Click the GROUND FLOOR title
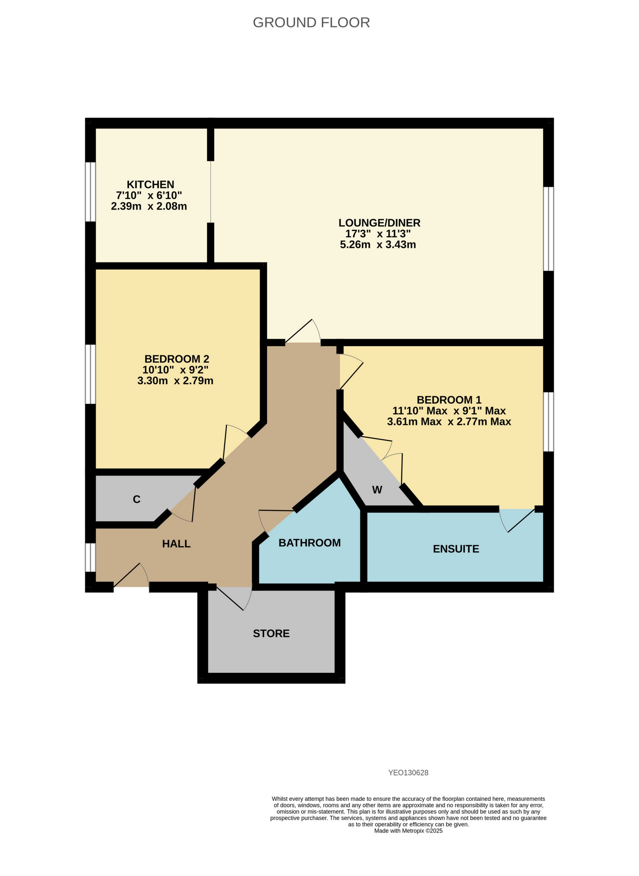(x=311, y=22)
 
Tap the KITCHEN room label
(x=151, y=185)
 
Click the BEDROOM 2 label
(x=177, y=359)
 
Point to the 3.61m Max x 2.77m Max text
(x=449, y=422)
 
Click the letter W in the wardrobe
(x=377, y=490)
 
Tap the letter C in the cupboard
(x=137, y=499)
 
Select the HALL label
(x=176, y=544)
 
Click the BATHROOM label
(x=310, y=543)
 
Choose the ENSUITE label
(x=456, y=549)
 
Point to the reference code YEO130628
(x=408, y=773)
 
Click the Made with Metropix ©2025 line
(x=408, y=831)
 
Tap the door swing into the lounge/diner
(x=304, y=333)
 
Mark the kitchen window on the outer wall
(x=90, y=192)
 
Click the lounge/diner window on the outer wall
(x=548, y=229)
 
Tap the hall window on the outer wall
(x=90, y=557)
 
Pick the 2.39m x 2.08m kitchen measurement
(x=149, y=206)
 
